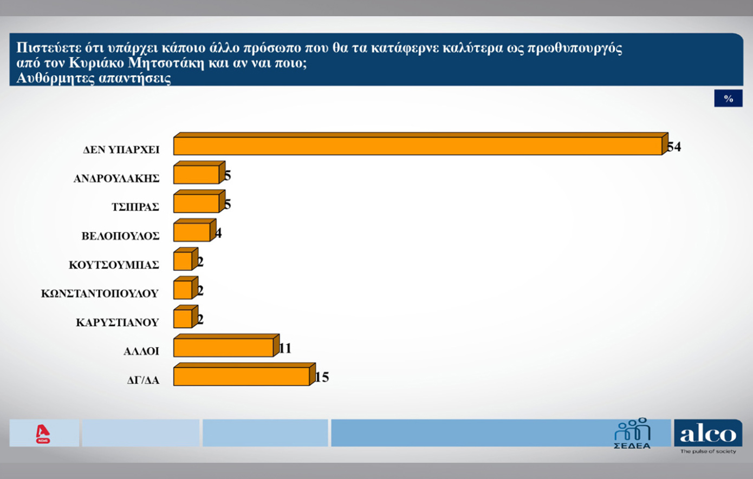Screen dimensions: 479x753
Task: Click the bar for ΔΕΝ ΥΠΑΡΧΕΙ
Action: (x=417, y=146)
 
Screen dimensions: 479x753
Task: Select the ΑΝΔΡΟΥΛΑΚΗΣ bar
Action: (x=196, y=175)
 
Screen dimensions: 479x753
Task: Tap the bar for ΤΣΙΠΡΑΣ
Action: (x=196, y=204)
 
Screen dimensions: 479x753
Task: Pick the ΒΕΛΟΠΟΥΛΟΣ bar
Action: (x=192, y=232)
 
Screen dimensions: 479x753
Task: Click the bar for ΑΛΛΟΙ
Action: (x=223, y=347)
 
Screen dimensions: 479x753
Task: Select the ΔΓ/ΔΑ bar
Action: (x=241, y=376)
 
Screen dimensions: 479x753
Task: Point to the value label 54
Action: (x=674, y=147)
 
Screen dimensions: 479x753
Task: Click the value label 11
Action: (x=285, y=348)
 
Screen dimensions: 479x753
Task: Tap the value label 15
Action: (x=322, y=377)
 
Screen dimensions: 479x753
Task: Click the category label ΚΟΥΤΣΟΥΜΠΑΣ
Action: (x=114, y=265)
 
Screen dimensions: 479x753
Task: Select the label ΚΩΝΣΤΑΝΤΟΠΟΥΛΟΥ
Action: (x=100, y=294)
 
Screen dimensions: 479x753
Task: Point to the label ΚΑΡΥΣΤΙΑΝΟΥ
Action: (x=117, y=323)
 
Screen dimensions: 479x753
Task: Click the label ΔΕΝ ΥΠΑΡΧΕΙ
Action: (x=121, y=150)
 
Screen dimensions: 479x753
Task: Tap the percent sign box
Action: (x=728, y=99)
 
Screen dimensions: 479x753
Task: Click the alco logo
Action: (x=707, y=435)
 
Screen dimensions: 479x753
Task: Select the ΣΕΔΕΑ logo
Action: (x=632, y=434)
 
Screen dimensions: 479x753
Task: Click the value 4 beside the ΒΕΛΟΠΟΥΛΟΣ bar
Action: (x=218, y=233)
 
